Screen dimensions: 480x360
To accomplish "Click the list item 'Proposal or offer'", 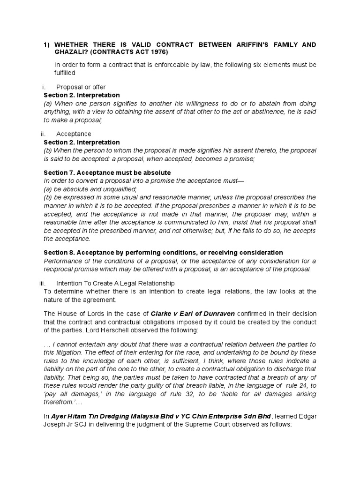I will pyautogui.click(x=81, y=87).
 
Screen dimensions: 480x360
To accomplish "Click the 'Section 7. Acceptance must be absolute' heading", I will pyautogui.click(x=107, y=173).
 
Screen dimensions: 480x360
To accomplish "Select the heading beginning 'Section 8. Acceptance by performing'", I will pyautogui.click(x=163, y=252).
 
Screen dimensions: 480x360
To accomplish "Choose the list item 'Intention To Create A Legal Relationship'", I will pyautogui.click(x=115, y=283).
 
